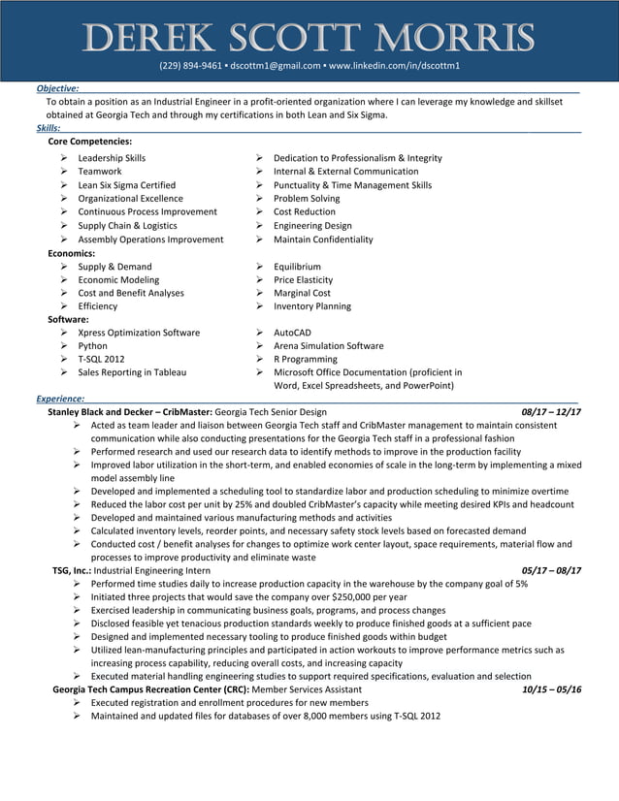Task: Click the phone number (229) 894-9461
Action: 187,66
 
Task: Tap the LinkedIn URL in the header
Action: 395,66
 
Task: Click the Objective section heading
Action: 57,88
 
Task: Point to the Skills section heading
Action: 48,128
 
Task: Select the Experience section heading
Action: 60,399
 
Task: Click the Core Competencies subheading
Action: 90,142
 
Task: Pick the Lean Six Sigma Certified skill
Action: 126,185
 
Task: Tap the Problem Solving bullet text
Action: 307,199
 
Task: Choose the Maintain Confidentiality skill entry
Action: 323,240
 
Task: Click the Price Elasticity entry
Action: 303,279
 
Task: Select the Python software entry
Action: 93,346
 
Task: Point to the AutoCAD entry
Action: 292,333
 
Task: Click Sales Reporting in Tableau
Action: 132,372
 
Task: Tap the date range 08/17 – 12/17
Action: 550,412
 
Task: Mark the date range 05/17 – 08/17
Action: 550,571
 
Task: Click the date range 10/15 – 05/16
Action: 550,689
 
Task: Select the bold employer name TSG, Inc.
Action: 71,571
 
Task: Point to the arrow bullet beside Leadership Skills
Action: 63,158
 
